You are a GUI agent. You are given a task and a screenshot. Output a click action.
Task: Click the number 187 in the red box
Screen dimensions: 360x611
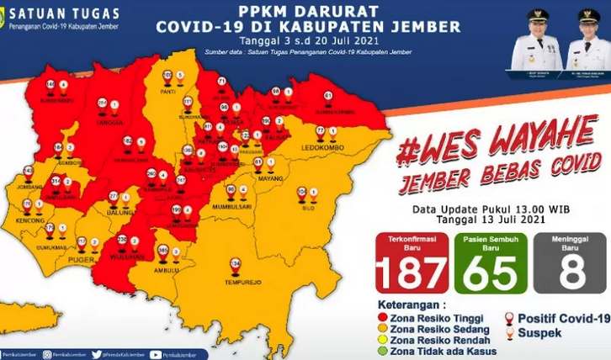(x=410, y=273)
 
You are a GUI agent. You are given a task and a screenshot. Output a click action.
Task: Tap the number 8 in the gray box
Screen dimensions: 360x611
(x=568, y=273)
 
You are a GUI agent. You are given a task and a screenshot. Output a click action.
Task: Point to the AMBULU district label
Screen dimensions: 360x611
(x=167, y=271)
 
